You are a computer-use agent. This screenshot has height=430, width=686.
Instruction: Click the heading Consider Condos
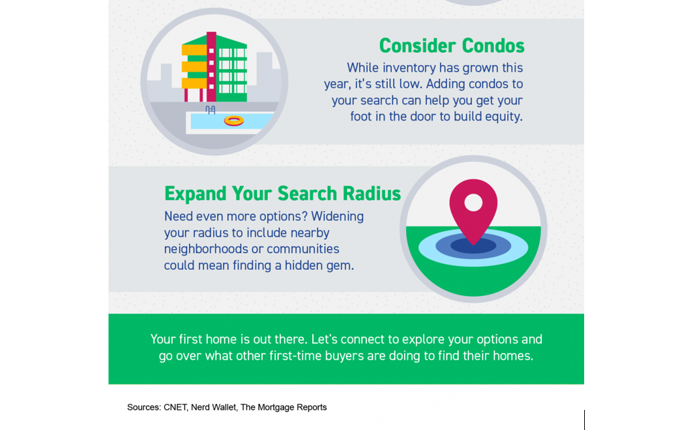coord(452,46)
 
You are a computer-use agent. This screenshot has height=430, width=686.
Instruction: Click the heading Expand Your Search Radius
coord(282,194)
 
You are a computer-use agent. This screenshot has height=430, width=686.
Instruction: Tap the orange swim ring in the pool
coord(234,121)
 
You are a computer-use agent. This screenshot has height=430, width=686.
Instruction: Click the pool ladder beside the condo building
coord(210,110)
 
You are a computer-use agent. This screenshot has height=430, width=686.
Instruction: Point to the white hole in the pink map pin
coord(474,202)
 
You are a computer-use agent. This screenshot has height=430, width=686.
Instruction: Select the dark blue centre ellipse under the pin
coord(474,245)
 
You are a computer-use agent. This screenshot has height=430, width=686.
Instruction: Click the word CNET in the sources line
coord(175,407)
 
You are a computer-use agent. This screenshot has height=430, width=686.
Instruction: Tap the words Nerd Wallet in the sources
coord(214,407)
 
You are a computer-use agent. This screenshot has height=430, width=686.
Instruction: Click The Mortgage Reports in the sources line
coord(283,407)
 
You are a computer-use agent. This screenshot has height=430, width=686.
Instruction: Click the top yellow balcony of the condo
coord(194,50)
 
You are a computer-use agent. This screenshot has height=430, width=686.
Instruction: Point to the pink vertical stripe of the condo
coord(211,66)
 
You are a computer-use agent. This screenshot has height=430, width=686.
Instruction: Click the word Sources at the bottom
coord(144,407)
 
